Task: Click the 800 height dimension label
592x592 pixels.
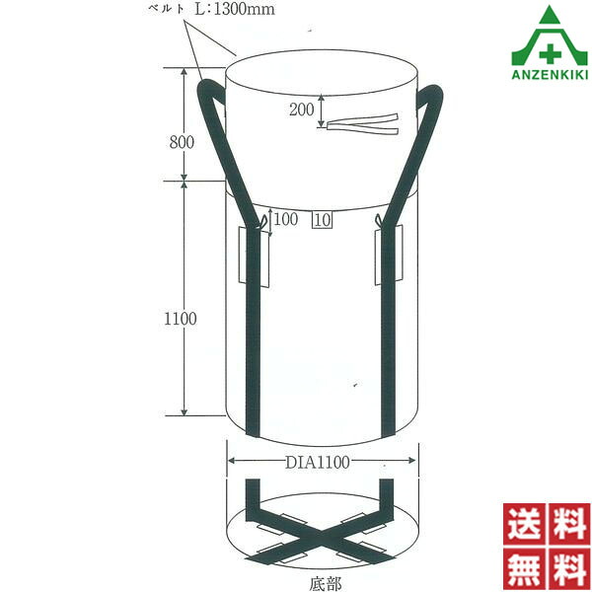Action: coord(182,142)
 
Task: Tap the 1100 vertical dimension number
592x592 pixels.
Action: coord(181,319)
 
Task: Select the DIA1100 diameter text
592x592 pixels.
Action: coord(317,462)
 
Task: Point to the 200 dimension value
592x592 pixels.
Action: coord(302,110)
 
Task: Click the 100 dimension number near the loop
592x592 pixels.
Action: coord(286,219)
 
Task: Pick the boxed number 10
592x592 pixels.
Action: coord(322,220)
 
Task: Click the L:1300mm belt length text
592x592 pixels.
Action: coord(235,9)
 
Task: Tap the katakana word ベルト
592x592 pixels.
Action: coord(167,9)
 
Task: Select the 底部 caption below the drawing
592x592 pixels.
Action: coord(325,583)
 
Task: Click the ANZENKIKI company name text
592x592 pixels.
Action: coord(550,74)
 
